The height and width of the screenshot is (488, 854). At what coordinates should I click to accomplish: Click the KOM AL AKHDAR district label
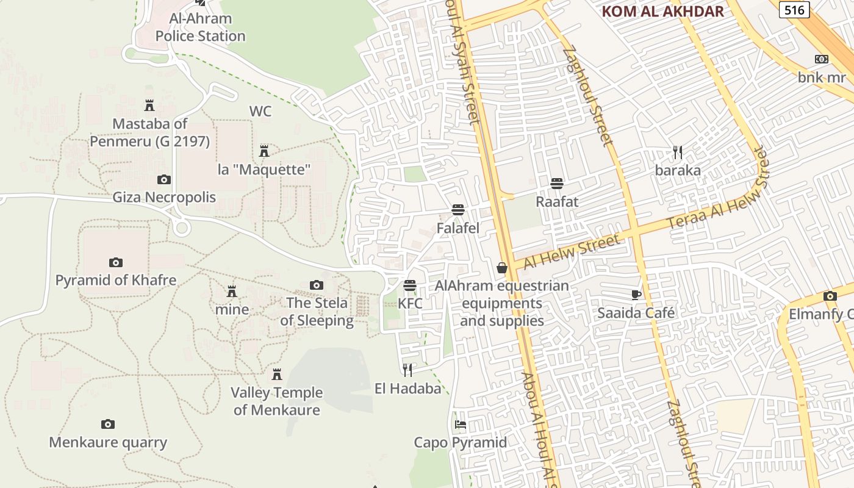(662, 11)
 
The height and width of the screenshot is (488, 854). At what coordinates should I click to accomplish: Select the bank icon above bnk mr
(822, 59)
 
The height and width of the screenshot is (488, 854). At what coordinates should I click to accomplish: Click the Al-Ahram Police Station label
(200, 27)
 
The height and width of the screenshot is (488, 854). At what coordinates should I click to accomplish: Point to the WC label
(260, 112)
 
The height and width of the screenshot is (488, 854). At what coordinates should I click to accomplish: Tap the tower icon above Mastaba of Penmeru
(149, 106)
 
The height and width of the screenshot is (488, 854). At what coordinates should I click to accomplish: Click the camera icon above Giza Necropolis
(163, 179)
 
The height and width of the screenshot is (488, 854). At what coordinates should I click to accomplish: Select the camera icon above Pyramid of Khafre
(116, 262)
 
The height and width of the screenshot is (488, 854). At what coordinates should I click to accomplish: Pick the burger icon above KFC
(410, 285)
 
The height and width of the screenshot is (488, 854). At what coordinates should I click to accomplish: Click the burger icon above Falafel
(458, 210)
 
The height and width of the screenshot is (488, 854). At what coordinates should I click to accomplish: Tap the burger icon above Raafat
(556, 183)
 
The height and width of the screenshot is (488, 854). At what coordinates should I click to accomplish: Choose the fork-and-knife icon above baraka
(677, 152)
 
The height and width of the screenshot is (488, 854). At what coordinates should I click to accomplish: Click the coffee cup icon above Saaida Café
(636, 295)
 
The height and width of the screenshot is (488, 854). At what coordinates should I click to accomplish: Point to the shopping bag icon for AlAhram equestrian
(502, 268)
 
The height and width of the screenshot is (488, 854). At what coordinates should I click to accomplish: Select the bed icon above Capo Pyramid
(461, 425)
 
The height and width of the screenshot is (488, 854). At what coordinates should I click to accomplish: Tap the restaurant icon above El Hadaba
(407, 370)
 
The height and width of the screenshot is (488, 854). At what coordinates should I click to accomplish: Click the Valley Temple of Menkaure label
(277, 401)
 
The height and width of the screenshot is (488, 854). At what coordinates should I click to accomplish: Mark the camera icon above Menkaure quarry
(108, 424)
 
